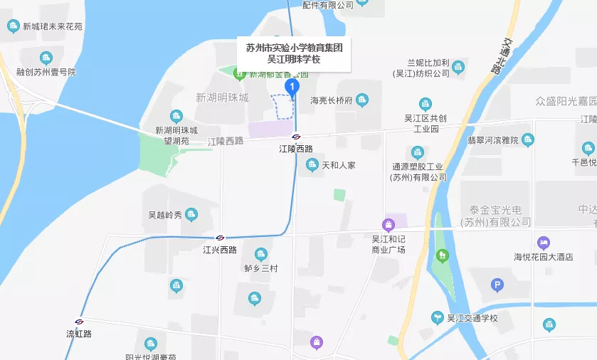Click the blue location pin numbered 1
coord(292,87)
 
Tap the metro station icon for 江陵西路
coord(296,137)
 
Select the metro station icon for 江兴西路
coord(220,238)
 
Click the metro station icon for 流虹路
coord(79,322)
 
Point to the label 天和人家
coord(338,165)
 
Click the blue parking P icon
coord(497,286)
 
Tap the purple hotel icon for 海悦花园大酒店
coord(544,243)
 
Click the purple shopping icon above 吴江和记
coord(389,224)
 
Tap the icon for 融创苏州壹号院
coord(46,58)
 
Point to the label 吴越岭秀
coord(165,214)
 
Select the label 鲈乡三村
coord(260,268)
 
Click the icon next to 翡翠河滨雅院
coord(527,139)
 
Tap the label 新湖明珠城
coord(222,97)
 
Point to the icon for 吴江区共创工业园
coord(426,104)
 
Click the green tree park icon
coord(442,255)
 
